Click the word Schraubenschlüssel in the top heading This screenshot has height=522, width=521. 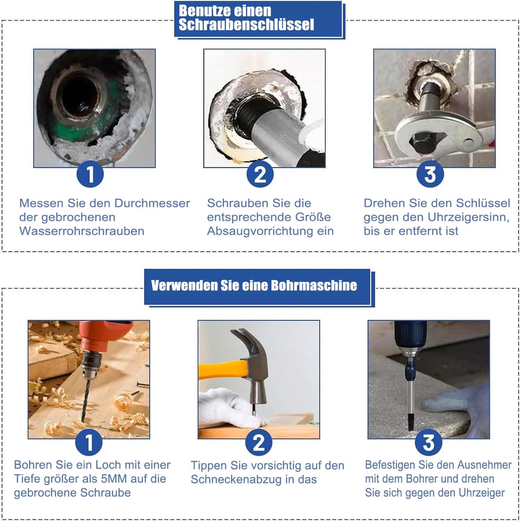[246, 25]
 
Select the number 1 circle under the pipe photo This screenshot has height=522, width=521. [90, 174]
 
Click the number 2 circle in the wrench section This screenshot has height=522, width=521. [260, 174]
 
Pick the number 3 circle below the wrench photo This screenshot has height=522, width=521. [430, 174]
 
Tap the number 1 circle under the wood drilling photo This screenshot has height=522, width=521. [89, 442]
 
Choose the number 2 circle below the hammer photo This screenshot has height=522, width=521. [259, 442]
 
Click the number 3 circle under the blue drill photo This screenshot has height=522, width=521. [429, 442]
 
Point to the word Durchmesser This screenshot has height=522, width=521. [152, 203]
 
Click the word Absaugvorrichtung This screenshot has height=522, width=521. [260, 231]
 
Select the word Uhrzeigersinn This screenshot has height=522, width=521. [468, 217]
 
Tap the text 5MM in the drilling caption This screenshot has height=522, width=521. [114, 479]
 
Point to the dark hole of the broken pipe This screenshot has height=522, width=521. [79, 96]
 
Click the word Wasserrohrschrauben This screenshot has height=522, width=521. [82, 231]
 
